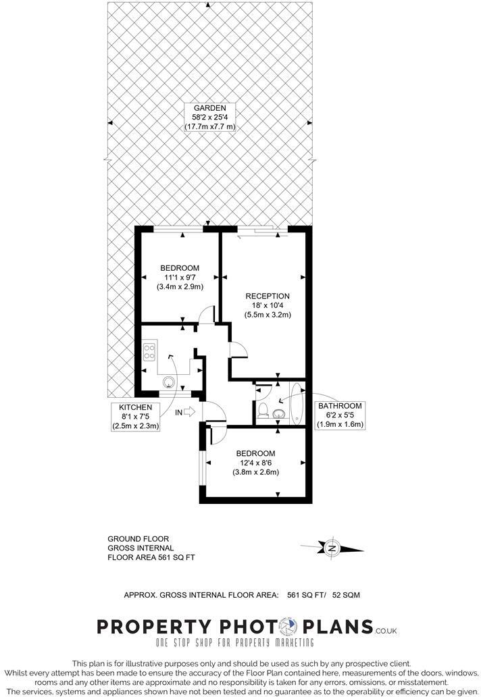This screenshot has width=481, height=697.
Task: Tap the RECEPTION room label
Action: (268, 296)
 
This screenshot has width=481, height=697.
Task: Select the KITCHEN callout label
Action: (135, 407)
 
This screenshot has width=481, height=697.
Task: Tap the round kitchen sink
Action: (168, 382)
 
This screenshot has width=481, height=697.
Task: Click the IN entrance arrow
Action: (188, 411)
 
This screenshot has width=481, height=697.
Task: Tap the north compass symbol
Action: (332, 548)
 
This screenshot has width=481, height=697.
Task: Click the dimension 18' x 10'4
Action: (268, 305)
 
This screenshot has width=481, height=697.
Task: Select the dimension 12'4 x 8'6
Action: (256, 463)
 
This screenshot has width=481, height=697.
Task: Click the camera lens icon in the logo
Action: (290, 626)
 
